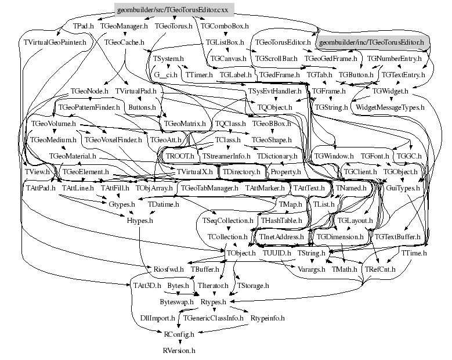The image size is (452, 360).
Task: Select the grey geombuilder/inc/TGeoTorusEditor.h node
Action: coord(371,42)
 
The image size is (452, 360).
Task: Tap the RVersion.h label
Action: coord(179,350)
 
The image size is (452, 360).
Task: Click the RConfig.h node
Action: coord(179,334)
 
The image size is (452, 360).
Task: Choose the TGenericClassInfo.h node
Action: coord(213,318)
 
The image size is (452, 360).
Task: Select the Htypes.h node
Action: coord(140,221)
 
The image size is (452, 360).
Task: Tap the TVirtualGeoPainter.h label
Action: coord(55,42)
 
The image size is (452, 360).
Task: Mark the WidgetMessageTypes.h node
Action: coord(390,107)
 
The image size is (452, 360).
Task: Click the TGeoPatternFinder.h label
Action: coord(89,107)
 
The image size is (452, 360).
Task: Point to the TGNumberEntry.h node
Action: coord(394,59)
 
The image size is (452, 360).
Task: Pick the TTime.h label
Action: coord(414,254)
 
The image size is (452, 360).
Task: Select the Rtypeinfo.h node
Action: coord(267,318)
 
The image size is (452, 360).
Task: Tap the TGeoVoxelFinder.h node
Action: coord(113,140)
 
